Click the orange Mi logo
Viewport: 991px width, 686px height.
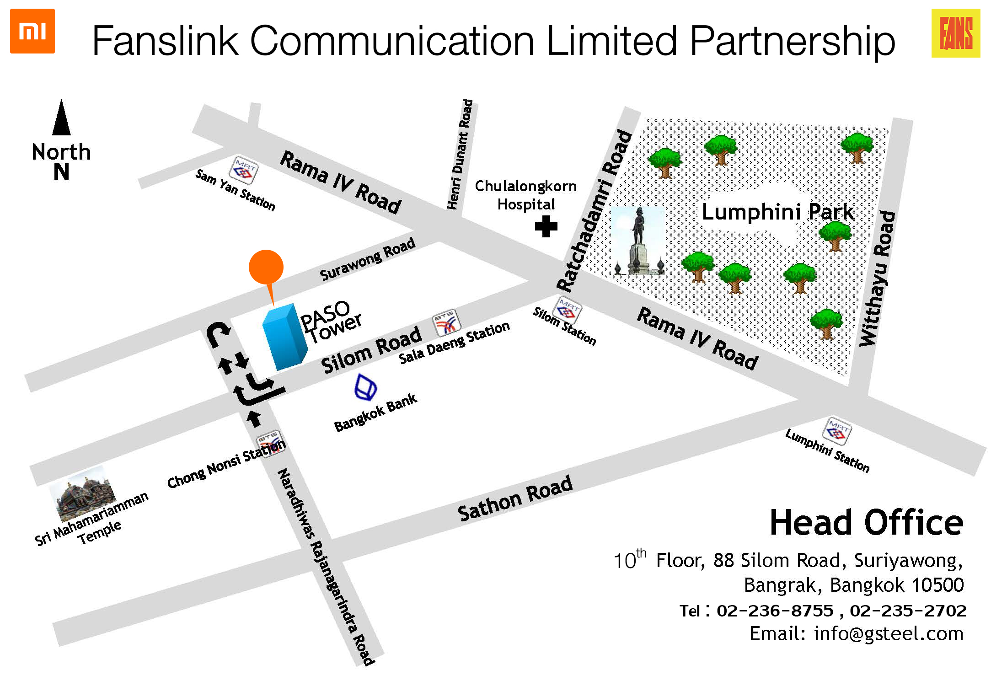click(x=32, y=31)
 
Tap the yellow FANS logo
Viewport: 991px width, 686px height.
click(x=956, y=33)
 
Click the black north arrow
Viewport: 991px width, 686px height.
click(x=61, y=118)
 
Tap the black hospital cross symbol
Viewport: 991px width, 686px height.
click(x=546, y=226)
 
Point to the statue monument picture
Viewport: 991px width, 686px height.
click(x=638, y=241)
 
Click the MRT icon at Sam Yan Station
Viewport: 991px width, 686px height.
click(x=243, y=170)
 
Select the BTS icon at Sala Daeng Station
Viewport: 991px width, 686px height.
click(x=446, y=323)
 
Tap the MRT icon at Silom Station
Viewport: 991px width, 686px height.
click(x=568, y=310)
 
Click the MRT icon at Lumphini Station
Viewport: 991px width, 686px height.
click(x=837, y=431)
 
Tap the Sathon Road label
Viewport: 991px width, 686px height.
click(x=515, y=499)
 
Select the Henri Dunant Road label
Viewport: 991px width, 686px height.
click(x=460, y=154)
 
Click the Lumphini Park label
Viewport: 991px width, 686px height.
click(x=778, y=212)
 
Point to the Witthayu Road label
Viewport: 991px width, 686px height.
click(x=878, y=279)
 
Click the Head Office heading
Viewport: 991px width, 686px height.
click(x=867, y=522)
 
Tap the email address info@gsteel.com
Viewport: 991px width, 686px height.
click(x=889, y=633)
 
